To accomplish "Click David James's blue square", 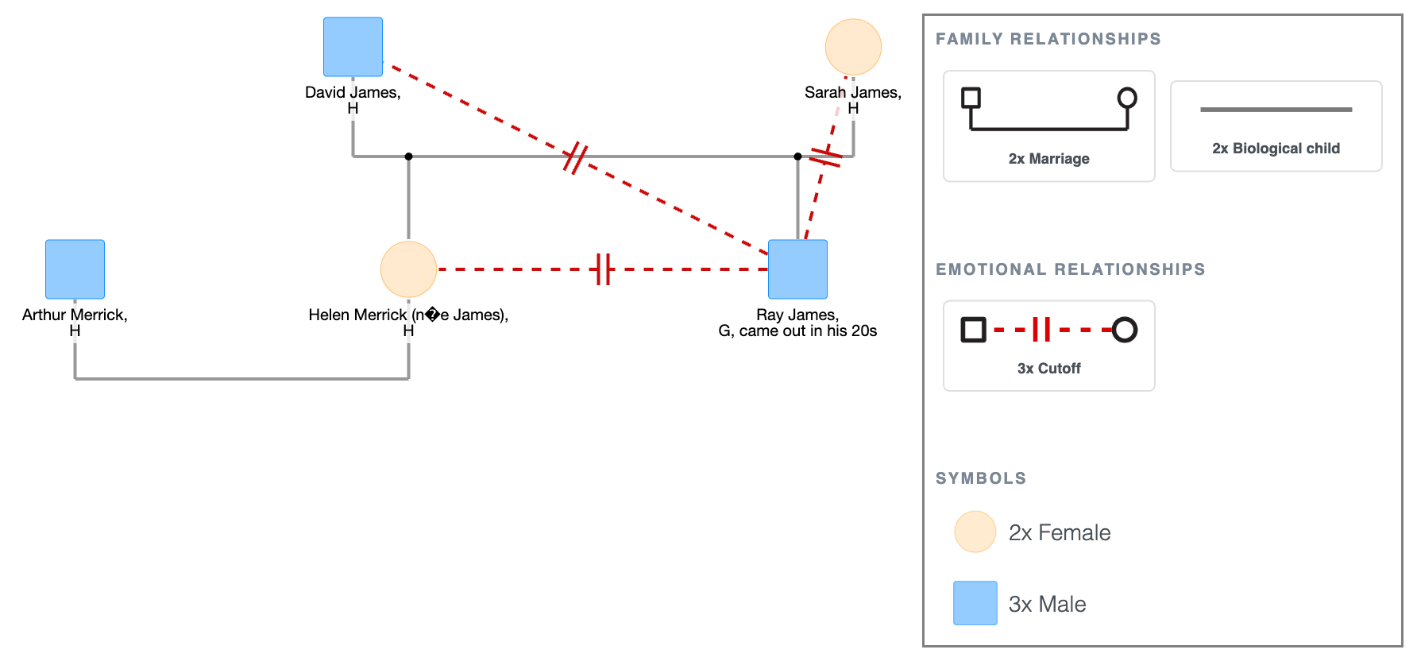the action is click(x=353, y=47).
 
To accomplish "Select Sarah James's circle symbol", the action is click(x=853, y=47).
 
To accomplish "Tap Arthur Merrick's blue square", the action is click(x=75, y=269).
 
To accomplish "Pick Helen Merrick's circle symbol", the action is click(x=408, y=269).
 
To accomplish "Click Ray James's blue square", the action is click(x=797, y=269).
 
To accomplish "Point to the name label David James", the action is click(x=353, y=92).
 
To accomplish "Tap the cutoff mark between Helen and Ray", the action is click(x=604, y=269).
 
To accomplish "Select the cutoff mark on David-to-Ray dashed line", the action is click(x=575, y=158).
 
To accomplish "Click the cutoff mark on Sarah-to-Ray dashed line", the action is click(x=825, y=157).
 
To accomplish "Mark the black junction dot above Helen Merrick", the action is click(x=408, y=157).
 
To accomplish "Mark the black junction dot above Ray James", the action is click(x=797, y=157).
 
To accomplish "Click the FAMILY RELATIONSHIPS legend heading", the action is click(x=1048, y=39).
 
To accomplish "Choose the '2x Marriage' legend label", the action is click(x=1048, y=159).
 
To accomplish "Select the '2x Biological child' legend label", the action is click(x=1276, y=149).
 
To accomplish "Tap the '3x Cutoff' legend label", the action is click(x=1048, y=369).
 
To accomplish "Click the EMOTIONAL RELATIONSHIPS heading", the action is click(x=1070, y=269).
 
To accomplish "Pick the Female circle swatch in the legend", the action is click(x=975, y=532).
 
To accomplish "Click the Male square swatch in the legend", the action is click(x=975, y=603).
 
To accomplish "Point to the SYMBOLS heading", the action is click(x=981, y=478).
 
